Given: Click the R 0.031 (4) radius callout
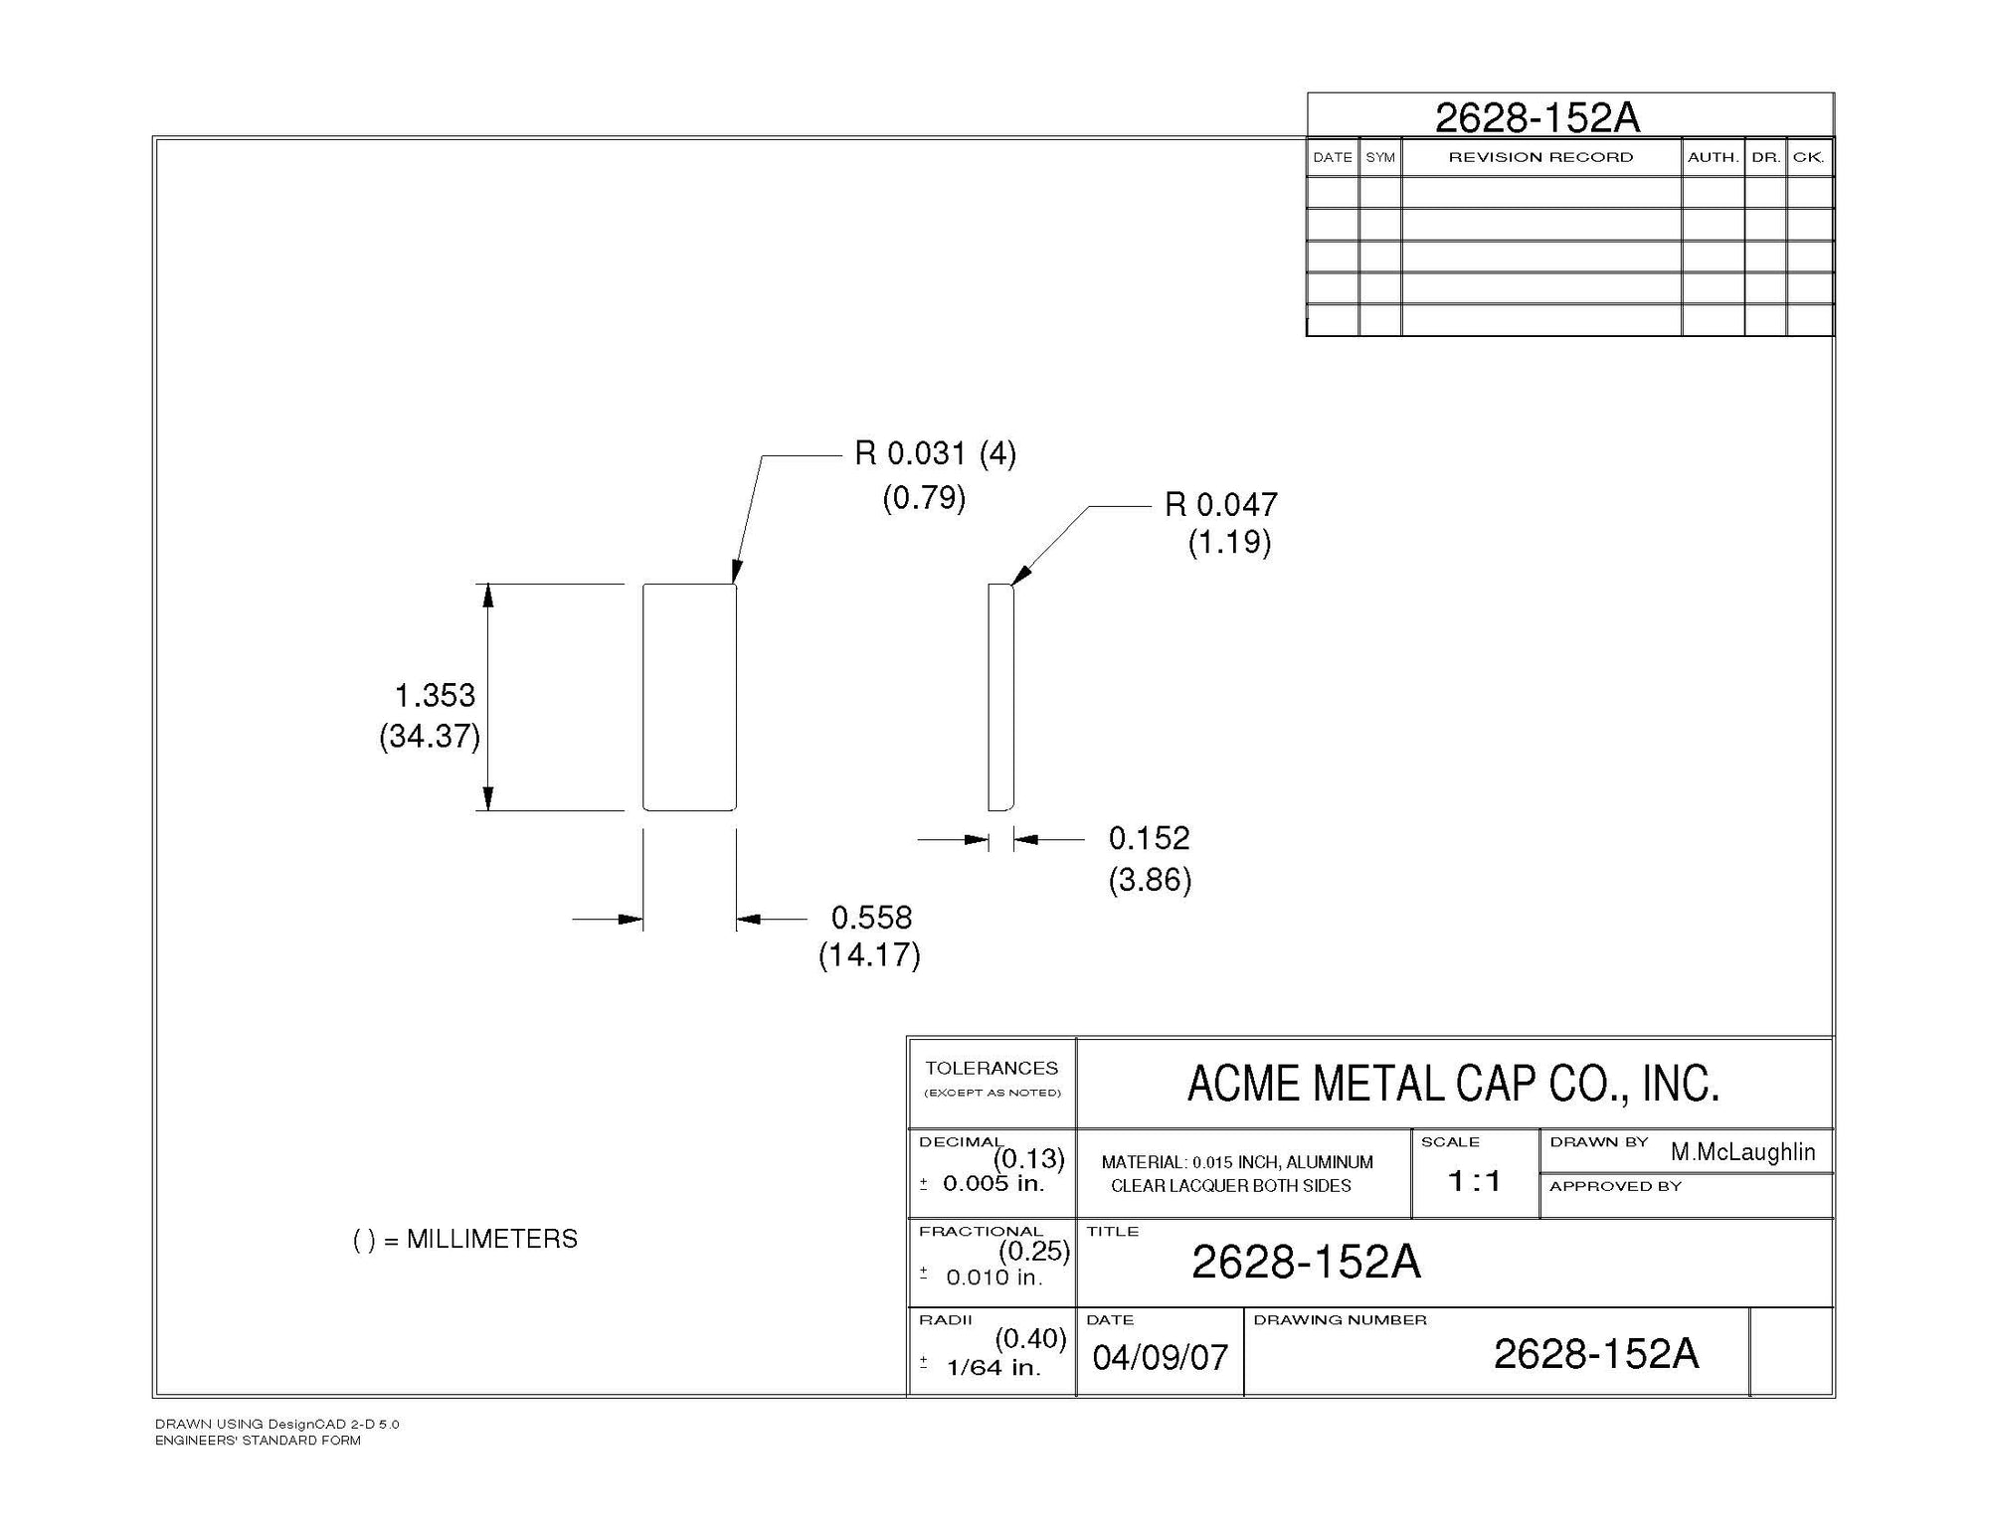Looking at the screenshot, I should click(935, 454).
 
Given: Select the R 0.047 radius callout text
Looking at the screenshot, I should click(1220, 505).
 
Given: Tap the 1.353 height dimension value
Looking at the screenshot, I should click(435, 695).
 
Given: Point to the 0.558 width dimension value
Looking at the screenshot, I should click(871, 917).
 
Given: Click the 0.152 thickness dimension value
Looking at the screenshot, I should click(1149, 838).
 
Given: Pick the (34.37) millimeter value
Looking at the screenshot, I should click(430, 737).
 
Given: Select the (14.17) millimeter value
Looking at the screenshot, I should click(869, 955).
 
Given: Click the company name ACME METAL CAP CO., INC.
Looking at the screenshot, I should click(1453, 1084).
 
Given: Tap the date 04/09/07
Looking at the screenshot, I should click(1160, 1358).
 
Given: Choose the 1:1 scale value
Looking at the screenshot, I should click(1474, 1181).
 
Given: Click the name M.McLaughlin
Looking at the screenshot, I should click(1742, 1152).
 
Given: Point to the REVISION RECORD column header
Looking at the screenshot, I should click(1540, 157).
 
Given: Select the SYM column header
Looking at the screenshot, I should click(1379, 158).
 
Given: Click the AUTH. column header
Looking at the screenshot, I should click(1713, 158).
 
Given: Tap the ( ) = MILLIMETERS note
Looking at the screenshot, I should click(465, 1240).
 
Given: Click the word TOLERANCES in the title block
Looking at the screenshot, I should click(992, 1069).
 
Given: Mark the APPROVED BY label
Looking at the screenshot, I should click(1615, 1186).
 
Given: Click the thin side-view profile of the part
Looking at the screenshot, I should click(1000, 697).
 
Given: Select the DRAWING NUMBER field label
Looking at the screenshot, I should click(1340, 1320).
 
